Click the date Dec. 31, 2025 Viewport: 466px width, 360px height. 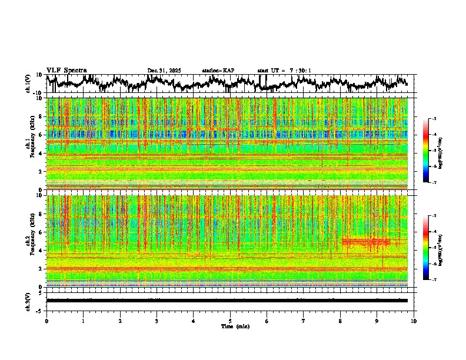[164, 71]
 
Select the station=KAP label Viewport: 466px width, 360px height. [218, 71]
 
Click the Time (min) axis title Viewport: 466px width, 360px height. [234, 326]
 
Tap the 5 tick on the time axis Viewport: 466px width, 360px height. [230, 321]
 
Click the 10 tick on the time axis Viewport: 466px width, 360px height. [414, 321]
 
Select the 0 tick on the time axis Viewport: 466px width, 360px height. [46, 321]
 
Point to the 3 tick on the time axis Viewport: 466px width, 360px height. [157, 321]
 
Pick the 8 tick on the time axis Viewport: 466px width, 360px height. [341, 321]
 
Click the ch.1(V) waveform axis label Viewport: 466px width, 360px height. [28, 84]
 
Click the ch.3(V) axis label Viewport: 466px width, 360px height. [28, 300]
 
